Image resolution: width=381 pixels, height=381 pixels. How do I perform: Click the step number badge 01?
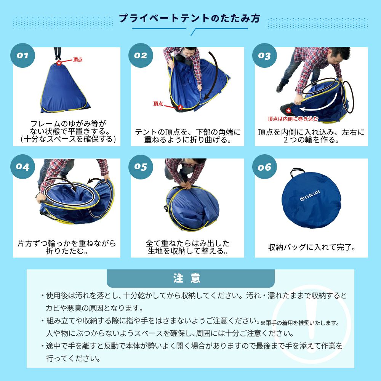[22, 55]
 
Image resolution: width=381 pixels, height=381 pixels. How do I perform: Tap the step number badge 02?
[141, 55]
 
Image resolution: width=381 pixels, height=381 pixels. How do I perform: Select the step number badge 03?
[265, 55]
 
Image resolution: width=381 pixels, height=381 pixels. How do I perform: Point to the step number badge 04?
[22, 167]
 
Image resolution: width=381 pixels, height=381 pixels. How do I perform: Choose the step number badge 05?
[141, 167]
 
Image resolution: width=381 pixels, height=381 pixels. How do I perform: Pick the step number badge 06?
[265, 167]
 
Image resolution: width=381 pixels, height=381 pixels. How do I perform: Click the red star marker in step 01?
[59, 63]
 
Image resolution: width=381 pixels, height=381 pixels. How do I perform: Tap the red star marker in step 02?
[180, 107]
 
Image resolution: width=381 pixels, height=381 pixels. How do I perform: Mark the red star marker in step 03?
[288, 111]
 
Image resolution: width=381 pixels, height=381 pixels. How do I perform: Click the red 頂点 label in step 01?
[78, 59]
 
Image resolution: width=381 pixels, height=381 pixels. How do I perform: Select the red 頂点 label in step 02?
[158, 104]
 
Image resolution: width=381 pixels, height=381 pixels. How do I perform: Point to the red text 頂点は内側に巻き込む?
[293, 119]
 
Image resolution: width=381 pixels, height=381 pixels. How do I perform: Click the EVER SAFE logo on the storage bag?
[310, 196]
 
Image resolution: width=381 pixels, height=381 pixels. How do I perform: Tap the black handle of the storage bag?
[297, 171]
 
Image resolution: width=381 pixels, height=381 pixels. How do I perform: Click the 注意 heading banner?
[190, 278]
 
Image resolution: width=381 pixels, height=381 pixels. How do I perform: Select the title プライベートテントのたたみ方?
[189, 18]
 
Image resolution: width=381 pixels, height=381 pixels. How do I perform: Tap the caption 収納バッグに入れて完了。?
[312, 247]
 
